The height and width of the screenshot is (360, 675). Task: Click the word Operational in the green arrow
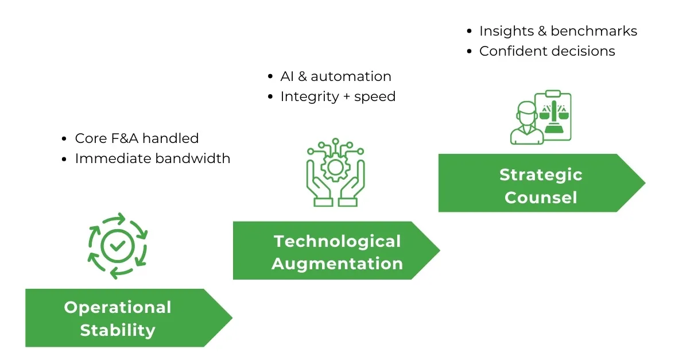tap(118, 308)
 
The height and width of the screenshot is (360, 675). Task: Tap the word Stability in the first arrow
tap(118, 330)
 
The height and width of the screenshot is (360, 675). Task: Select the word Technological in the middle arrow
tap(337, 242)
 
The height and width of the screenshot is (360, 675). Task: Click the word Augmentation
tap(337, 264)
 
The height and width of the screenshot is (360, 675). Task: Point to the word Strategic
tap(541, 175)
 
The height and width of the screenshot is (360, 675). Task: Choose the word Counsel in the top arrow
tap(541, 198)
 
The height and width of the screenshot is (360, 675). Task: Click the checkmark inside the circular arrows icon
tap(118, 246)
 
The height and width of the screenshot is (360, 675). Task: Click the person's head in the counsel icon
tap(526, 113)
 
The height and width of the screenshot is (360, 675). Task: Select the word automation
tap(351, 76)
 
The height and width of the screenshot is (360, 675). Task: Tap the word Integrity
tap(309, 97)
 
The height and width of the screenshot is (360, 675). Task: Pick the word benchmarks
tap(593, 31)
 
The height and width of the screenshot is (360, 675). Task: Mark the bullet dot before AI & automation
tap(270, 77)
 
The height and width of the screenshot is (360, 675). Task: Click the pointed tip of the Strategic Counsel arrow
tap(645, 183)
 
